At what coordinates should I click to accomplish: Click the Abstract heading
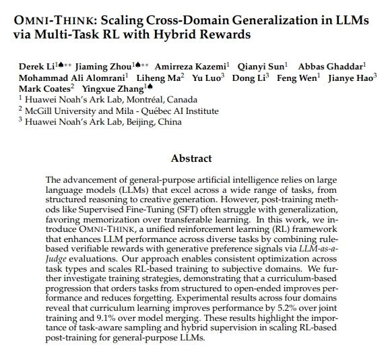point(191,158)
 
